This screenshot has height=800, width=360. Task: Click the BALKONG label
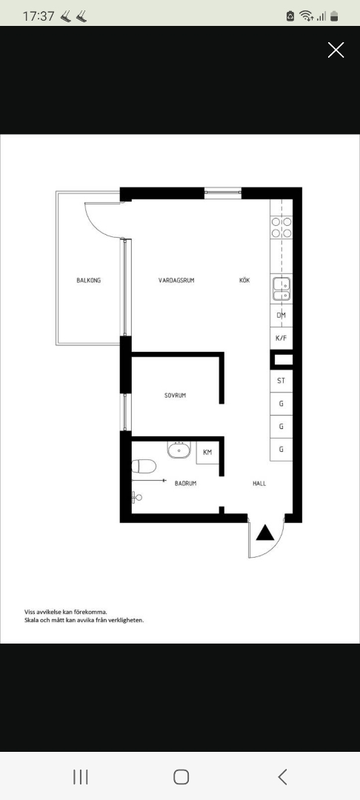[88, 281]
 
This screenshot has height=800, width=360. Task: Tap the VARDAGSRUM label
[176, 281]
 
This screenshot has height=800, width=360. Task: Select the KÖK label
[244, 281]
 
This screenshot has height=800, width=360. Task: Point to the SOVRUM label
[176, 396]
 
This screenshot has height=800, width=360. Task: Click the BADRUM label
[185, 484]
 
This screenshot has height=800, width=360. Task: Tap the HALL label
[259, 484]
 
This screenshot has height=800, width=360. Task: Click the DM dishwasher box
[281, 316]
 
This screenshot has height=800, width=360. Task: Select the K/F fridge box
[281, 338]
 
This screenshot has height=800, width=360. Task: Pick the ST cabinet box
[281, 381]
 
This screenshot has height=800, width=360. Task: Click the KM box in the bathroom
[207, 452]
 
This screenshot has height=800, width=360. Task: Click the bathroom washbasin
[178, 450]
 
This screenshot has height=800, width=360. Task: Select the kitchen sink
[281, 288]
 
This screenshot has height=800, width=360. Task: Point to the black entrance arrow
[265, 532]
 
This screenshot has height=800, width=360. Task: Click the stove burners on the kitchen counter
[281, 227]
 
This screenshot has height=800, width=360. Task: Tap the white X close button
[336, 50]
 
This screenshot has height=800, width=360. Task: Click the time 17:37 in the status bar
[39, 16]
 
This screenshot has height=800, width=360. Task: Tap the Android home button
[181, 776]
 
